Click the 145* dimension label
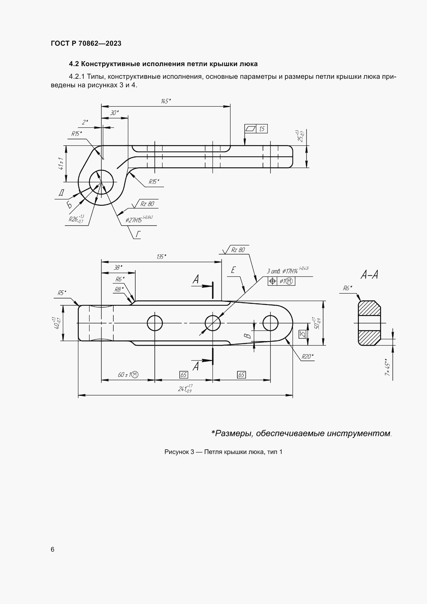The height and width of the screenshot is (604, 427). pyautogui.click(x=166, y=101)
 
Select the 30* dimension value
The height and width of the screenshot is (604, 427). pyautogui.click(x=114, y=113)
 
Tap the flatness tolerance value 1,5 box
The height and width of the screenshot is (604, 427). pyautogui.click(x=262, y=129)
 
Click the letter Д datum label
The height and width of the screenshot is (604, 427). pyautogui.click(x=61, y=193)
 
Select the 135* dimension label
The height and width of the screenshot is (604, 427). pyautogui.click(x=161, y=256)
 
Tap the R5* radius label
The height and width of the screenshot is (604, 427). pyautogui.click(x=62, y=293)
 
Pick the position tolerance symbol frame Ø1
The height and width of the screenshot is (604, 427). pyautogui.click(x=281, y=281)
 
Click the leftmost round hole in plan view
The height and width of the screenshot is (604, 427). pyautogui.click(x=155, y=323)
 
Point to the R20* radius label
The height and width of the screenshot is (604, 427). pyautogui.click(x=307, y=356)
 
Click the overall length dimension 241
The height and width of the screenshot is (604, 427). pyautogui.click(x=185, y=388)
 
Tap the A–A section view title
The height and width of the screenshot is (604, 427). pyautogui.click(x=369, y=275)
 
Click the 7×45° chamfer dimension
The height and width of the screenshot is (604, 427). pyautogui.click(x=387, y=367)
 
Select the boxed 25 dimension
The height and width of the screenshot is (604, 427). pyautogui.click(x=302, y=334)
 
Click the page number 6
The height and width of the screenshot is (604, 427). pyautogui.click(x=53, y=549)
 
